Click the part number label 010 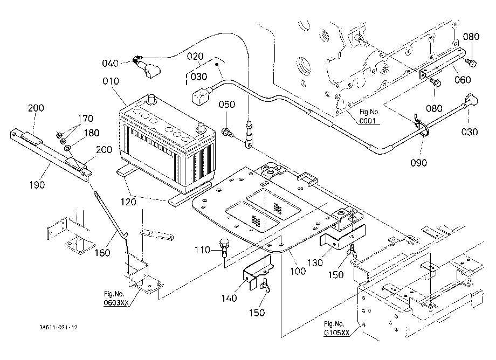click(x=111, y=81)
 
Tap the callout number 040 click(x=110, y=63)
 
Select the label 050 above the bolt click(x=227, y=105)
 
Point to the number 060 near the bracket click(x=463, y=79)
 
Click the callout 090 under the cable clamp click(x=418, y=162)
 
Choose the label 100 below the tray click(x=298, y=271)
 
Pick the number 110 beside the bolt click(x=203, y=250)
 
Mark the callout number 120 click(x=128, y=202)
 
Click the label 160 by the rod click(x=102, y=253)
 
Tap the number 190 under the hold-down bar click(x=37, y=185)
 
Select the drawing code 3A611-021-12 click(x=58, y=328)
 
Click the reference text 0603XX click(x=116, y=303)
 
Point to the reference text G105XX click(x=336, y=333)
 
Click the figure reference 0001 click(x=368, y=121)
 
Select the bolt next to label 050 click(x=228, y=132)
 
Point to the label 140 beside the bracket click(x=229, y=297)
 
